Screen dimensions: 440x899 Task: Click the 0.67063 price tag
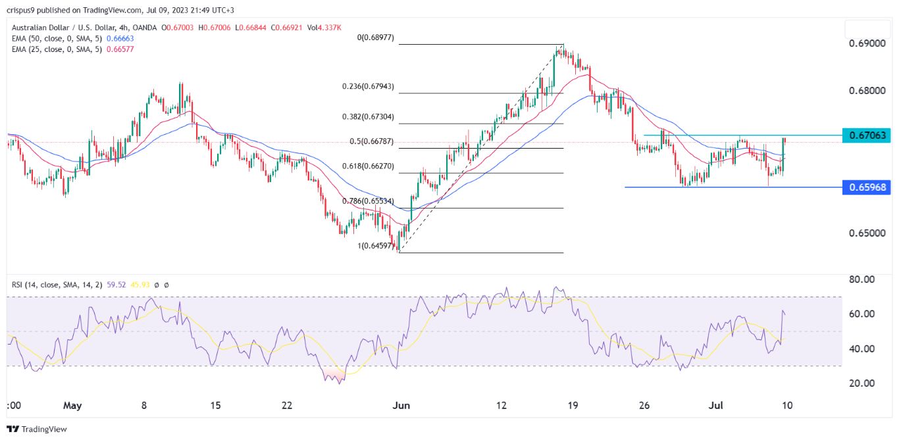pos(867,135)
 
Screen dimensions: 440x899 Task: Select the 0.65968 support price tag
pos(867,187)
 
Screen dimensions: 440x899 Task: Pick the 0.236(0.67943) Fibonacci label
pos(368,87)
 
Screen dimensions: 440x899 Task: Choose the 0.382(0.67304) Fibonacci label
pos(368,117)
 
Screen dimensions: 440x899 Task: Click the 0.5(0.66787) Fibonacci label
pos(371,141)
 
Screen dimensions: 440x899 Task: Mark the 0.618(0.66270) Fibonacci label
pos(368,166)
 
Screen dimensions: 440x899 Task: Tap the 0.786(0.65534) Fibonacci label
pos(368,201)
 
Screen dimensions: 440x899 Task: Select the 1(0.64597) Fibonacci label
pos(373,246)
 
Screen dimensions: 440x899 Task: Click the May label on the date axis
pos(72,406)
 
